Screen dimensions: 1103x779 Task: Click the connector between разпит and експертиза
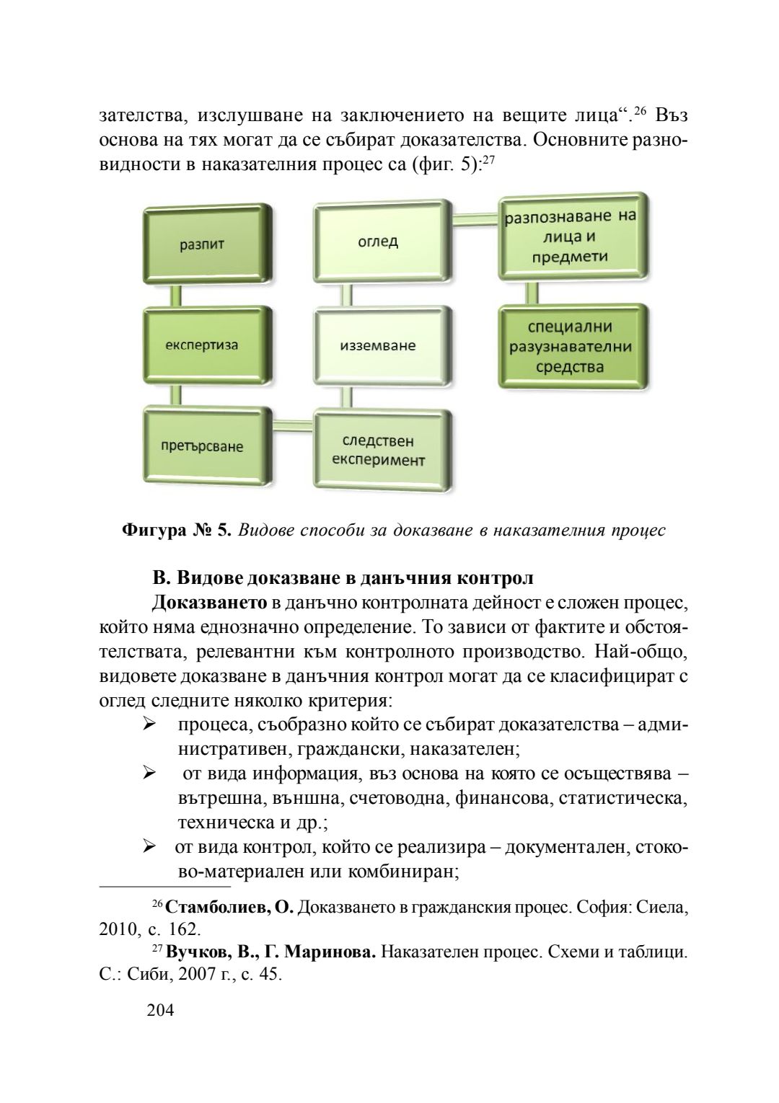coord(176,295)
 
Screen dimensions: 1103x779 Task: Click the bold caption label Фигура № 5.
coord(177,531)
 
